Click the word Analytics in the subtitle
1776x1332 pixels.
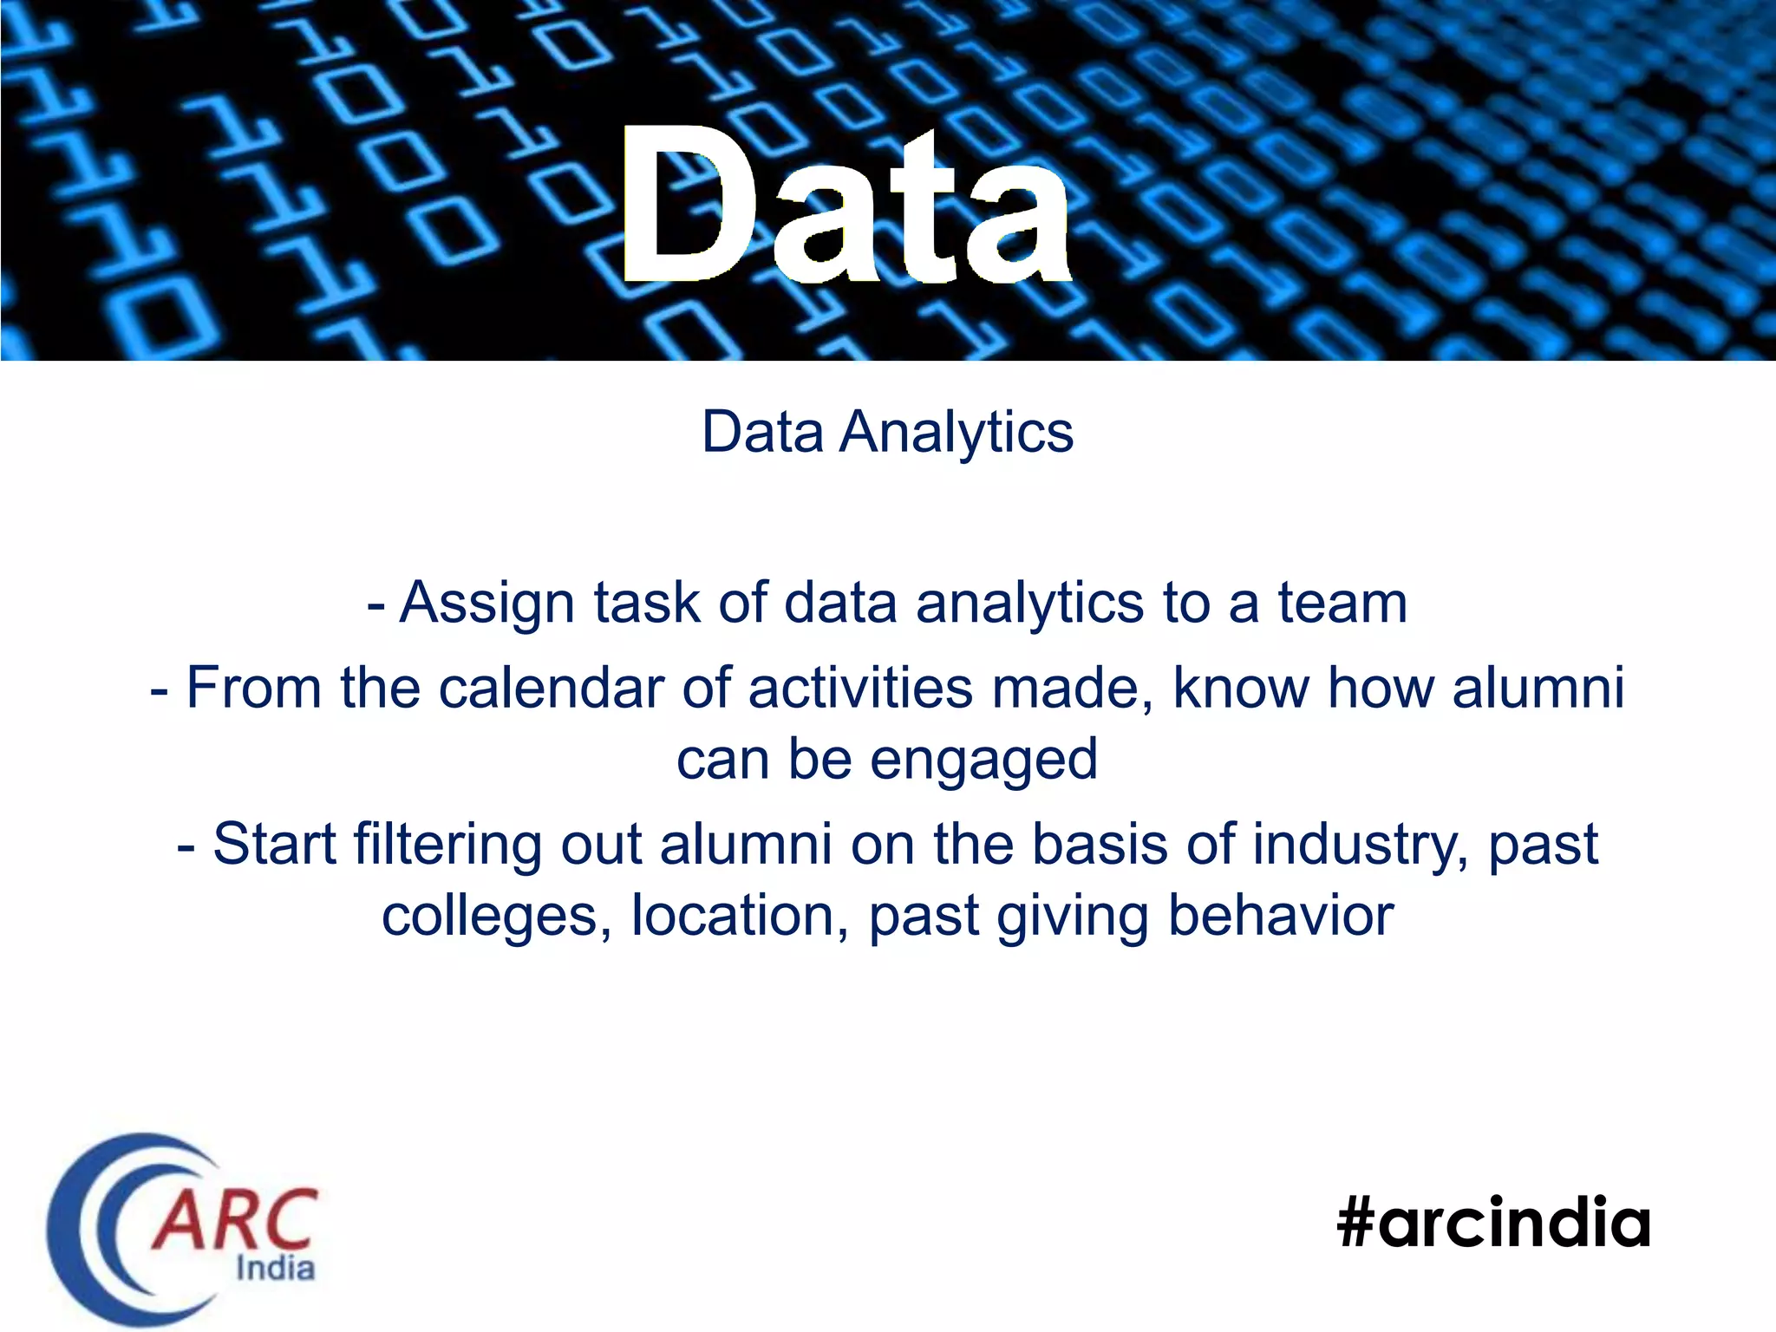957,432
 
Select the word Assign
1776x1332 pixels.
486,603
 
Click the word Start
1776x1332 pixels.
275,844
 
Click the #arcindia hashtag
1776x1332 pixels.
1493,1223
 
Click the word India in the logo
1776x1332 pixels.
275,1269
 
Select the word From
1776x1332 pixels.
254,689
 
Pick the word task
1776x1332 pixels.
646,603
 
